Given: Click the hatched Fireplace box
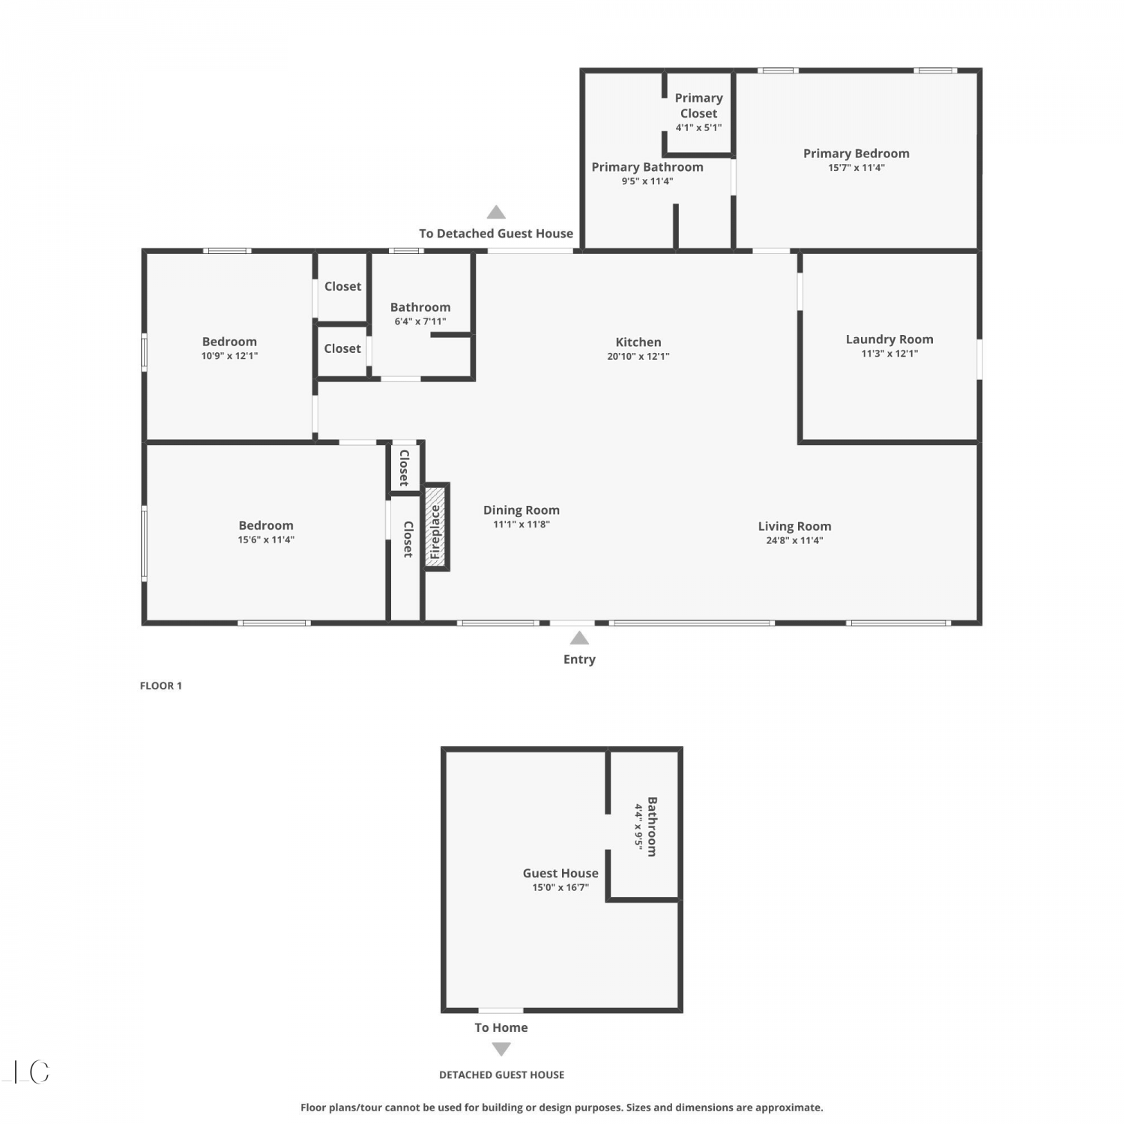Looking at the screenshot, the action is click(x=436, y=527).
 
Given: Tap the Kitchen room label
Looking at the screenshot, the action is click(x=638, y=342).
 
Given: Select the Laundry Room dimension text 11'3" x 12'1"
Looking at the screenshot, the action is click(x=889, y=354).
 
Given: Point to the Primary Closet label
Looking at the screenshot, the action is click(x=698, y=106).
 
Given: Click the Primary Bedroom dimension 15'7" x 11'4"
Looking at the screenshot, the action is click(x=856, y=168).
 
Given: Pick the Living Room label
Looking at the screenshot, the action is click(x=794, y=527).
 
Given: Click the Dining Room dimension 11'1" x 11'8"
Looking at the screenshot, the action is click(x=522, y=525).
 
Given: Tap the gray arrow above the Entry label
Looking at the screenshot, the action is click(x=579, y=638).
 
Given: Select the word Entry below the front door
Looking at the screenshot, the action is click(x=579, y=659).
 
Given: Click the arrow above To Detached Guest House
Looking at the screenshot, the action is click(x=496, y=212).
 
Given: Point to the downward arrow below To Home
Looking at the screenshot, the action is click(x=501, y=1049).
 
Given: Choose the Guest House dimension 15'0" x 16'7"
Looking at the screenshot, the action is click(x=561, y=888).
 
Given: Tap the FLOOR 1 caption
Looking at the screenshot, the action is click(x=161, y=686).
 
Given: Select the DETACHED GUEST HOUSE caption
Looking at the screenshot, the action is click(x=502, y=1075).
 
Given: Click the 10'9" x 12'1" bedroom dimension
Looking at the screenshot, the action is click(x=229, y=356).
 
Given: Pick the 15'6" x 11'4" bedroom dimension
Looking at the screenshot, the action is click(x=266, y=540).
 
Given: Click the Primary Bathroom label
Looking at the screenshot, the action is click(x=647, y=167).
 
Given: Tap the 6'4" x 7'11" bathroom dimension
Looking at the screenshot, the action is click(x=420, y=321).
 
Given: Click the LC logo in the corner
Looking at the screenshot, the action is click(x=27, y=1072).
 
